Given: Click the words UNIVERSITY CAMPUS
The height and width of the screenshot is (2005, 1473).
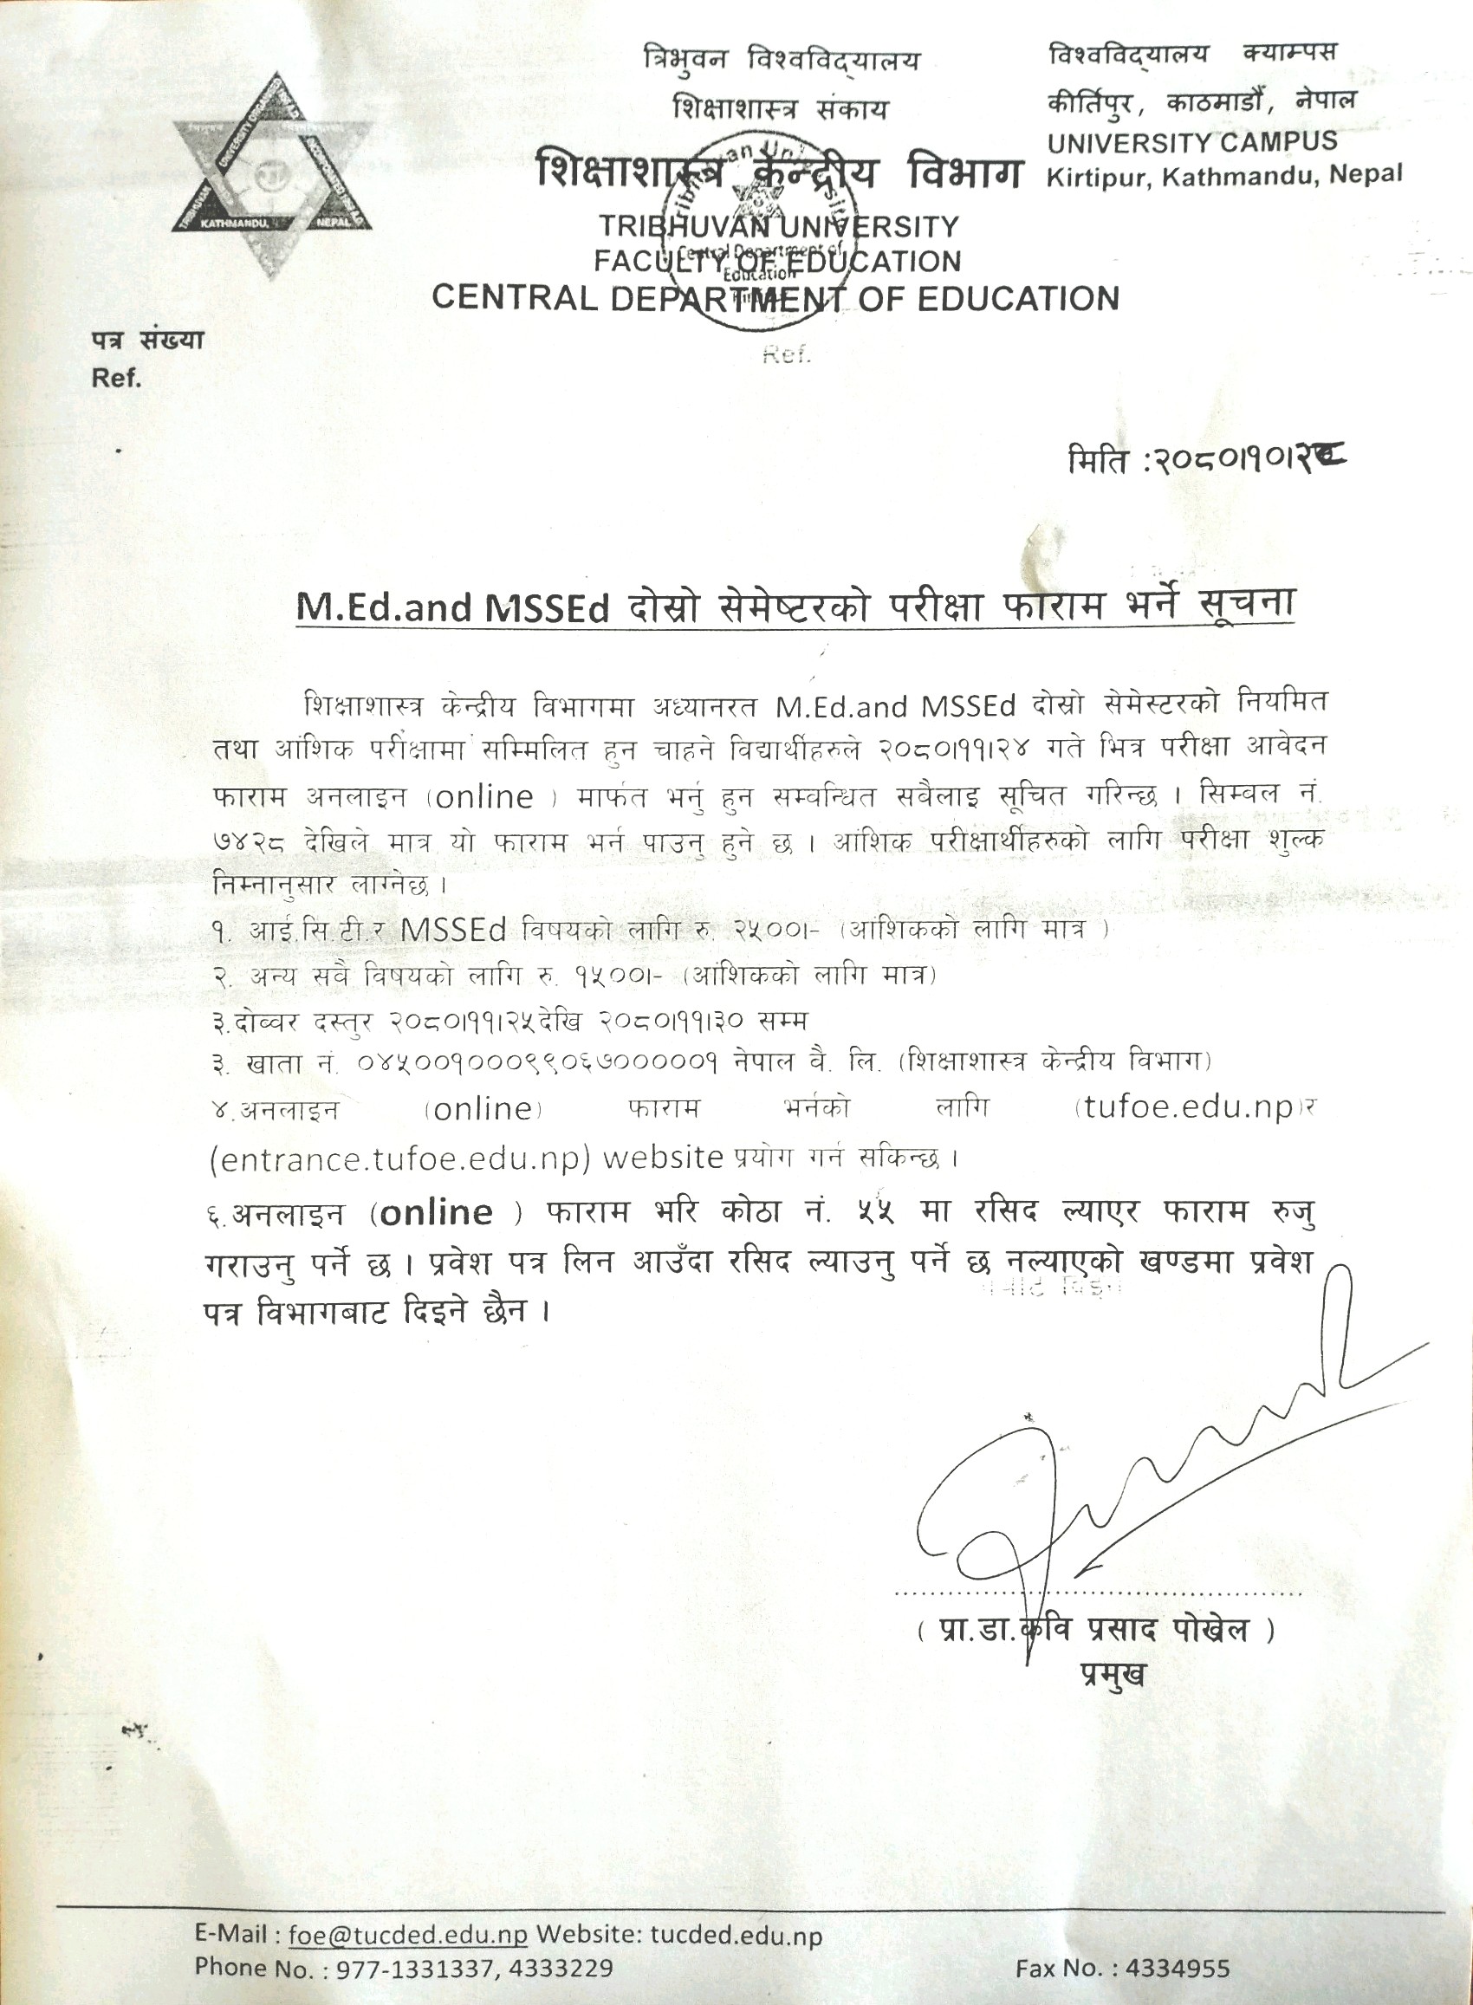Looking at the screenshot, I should pyautogui.click(x=1192, y=142).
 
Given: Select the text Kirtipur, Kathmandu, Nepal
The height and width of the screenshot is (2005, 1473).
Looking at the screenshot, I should pyautogui.click(x=1224, y=176).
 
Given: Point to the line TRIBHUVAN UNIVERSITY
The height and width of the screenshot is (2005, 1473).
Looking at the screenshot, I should pyautogui.click(x=777, y=226).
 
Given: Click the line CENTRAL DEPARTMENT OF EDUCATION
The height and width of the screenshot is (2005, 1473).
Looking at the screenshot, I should pyautogui.click(x=775, y=298).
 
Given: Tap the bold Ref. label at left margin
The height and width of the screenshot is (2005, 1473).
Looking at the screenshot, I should pyautogui.click(x=117, y=378).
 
